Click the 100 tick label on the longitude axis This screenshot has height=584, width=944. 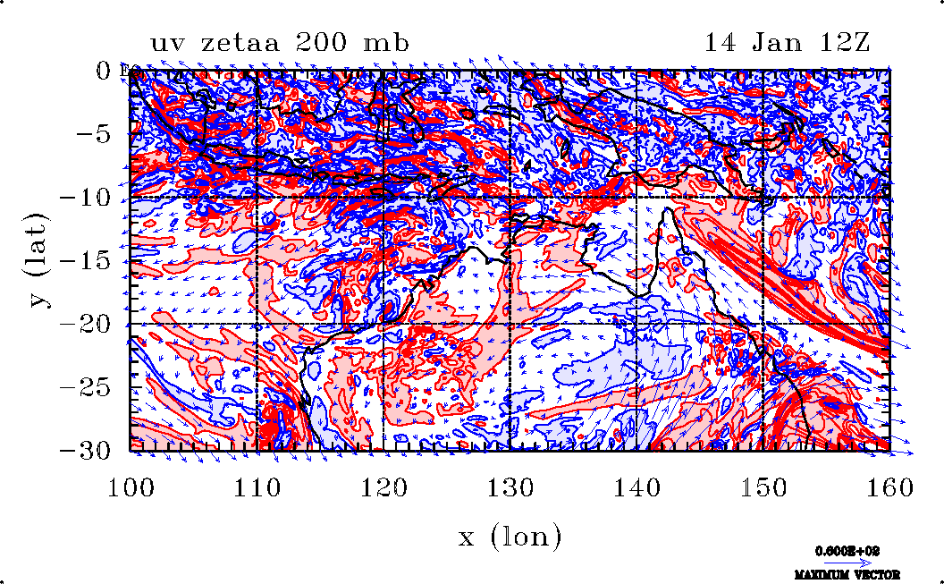131,487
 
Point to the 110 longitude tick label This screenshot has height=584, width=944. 257,487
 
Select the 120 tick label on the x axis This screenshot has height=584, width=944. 384,487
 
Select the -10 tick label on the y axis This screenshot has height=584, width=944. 86,198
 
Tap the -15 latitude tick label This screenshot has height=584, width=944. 86,261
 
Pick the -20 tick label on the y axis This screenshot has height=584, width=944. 86,325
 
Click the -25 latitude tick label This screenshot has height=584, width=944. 86,388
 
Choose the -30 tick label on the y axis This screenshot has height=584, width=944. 86,451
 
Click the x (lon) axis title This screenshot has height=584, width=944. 510,537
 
